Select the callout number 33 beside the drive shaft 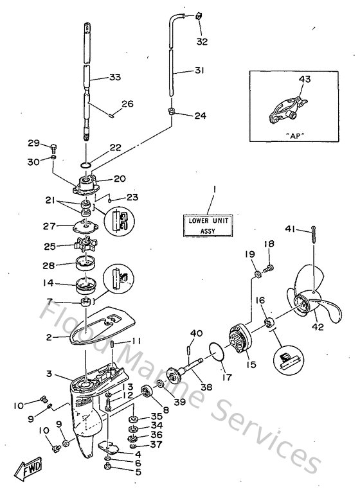pyautogui.click(x=114, y=77)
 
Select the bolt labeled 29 pyautogui.click(x=53, y=147)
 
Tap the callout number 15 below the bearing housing pyautogui.click(x=251, y=364)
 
